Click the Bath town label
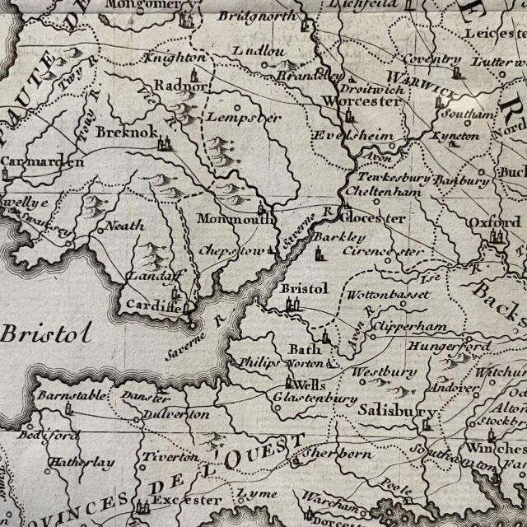click(304, 349)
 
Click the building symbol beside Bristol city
click(289, 305)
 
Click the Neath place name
click(125, 225)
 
